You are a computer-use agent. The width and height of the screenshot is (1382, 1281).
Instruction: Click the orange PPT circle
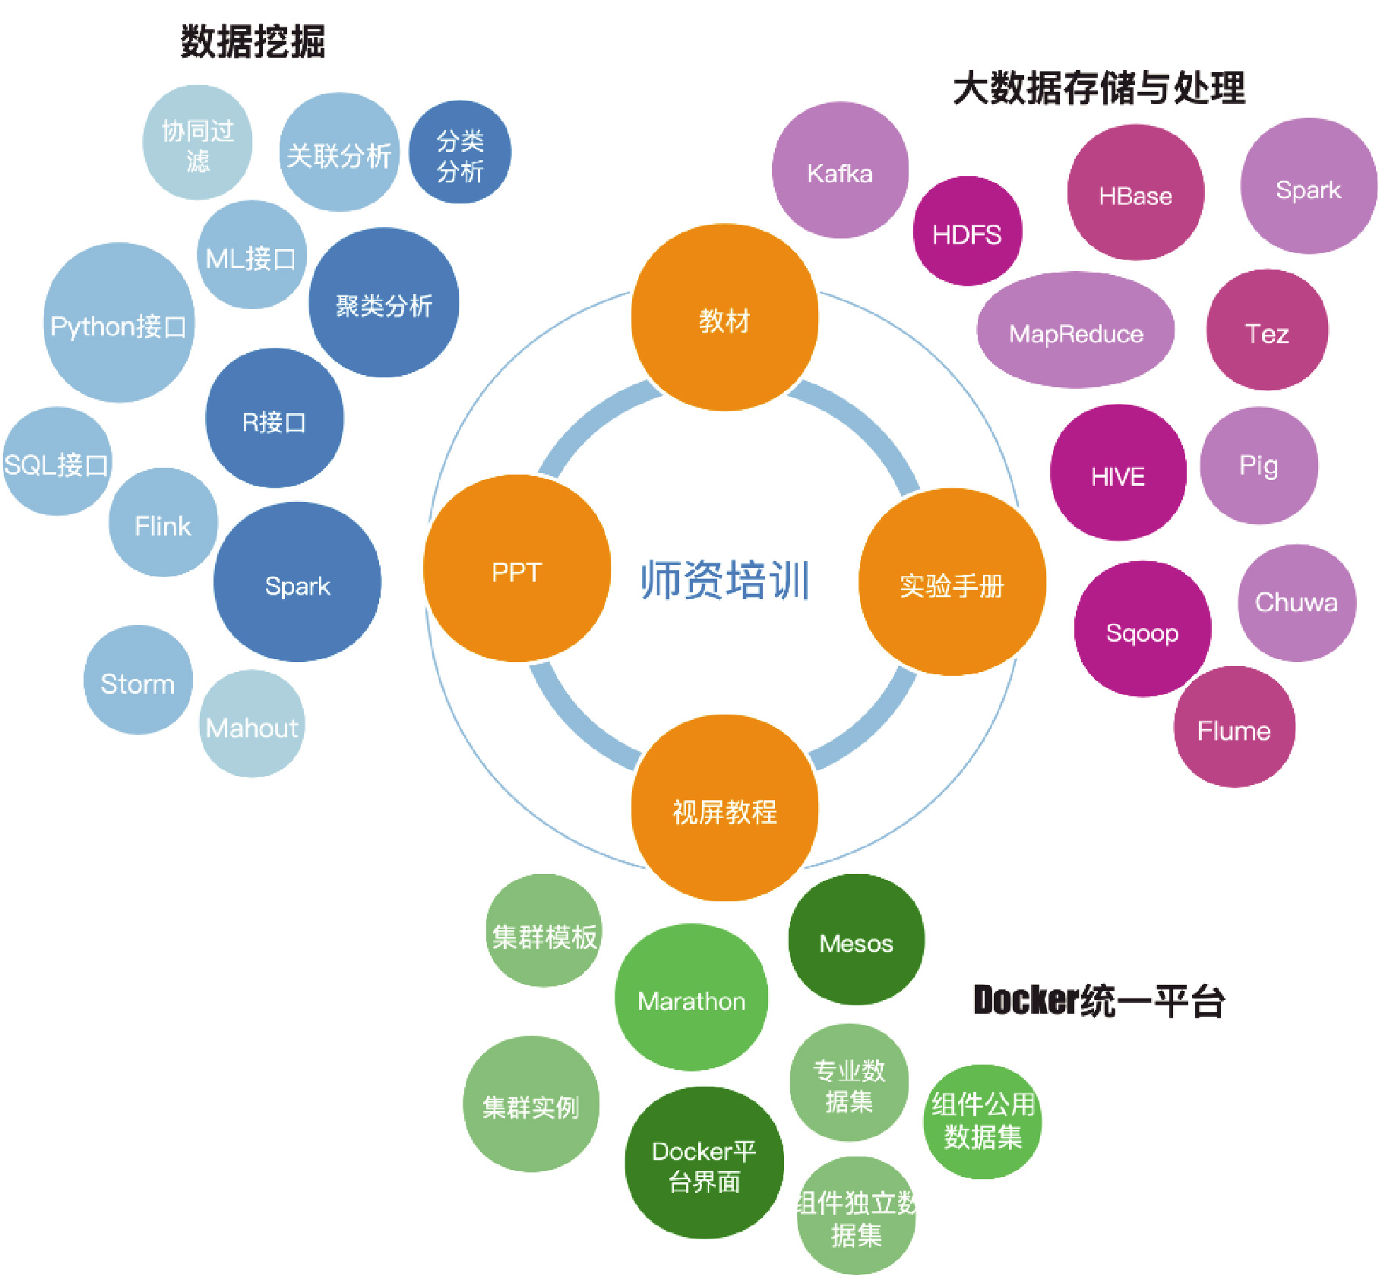coord(517,570)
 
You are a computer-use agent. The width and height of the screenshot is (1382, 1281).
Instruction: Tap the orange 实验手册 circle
coord(951,583)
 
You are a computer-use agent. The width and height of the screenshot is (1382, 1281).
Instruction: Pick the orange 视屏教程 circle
coord(724,809)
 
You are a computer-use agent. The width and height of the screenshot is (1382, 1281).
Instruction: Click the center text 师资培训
coord(724,580)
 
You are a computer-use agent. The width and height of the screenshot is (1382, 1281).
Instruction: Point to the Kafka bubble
coord(840,171)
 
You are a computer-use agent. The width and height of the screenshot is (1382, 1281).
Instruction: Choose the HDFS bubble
coord(966,232)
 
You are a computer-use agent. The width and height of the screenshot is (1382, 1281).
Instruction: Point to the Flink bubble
coord(163,524)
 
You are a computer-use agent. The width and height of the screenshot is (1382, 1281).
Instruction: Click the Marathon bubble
coord(691,999)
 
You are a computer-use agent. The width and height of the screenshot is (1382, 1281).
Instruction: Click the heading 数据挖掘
coord(253,41)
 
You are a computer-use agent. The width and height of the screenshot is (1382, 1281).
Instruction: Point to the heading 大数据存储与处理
coord(1099,88)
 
